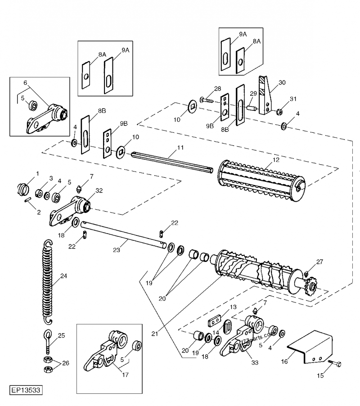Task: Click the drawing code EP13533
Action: [26, 388]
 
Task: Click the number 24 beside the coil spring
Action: [63, 276]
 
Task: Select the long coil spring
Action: [47, 281]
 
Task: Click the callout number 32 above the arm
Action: [99, 190]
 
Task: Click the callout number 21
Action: [154, 334]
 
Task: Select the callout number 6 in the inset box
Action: [25, 83]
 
